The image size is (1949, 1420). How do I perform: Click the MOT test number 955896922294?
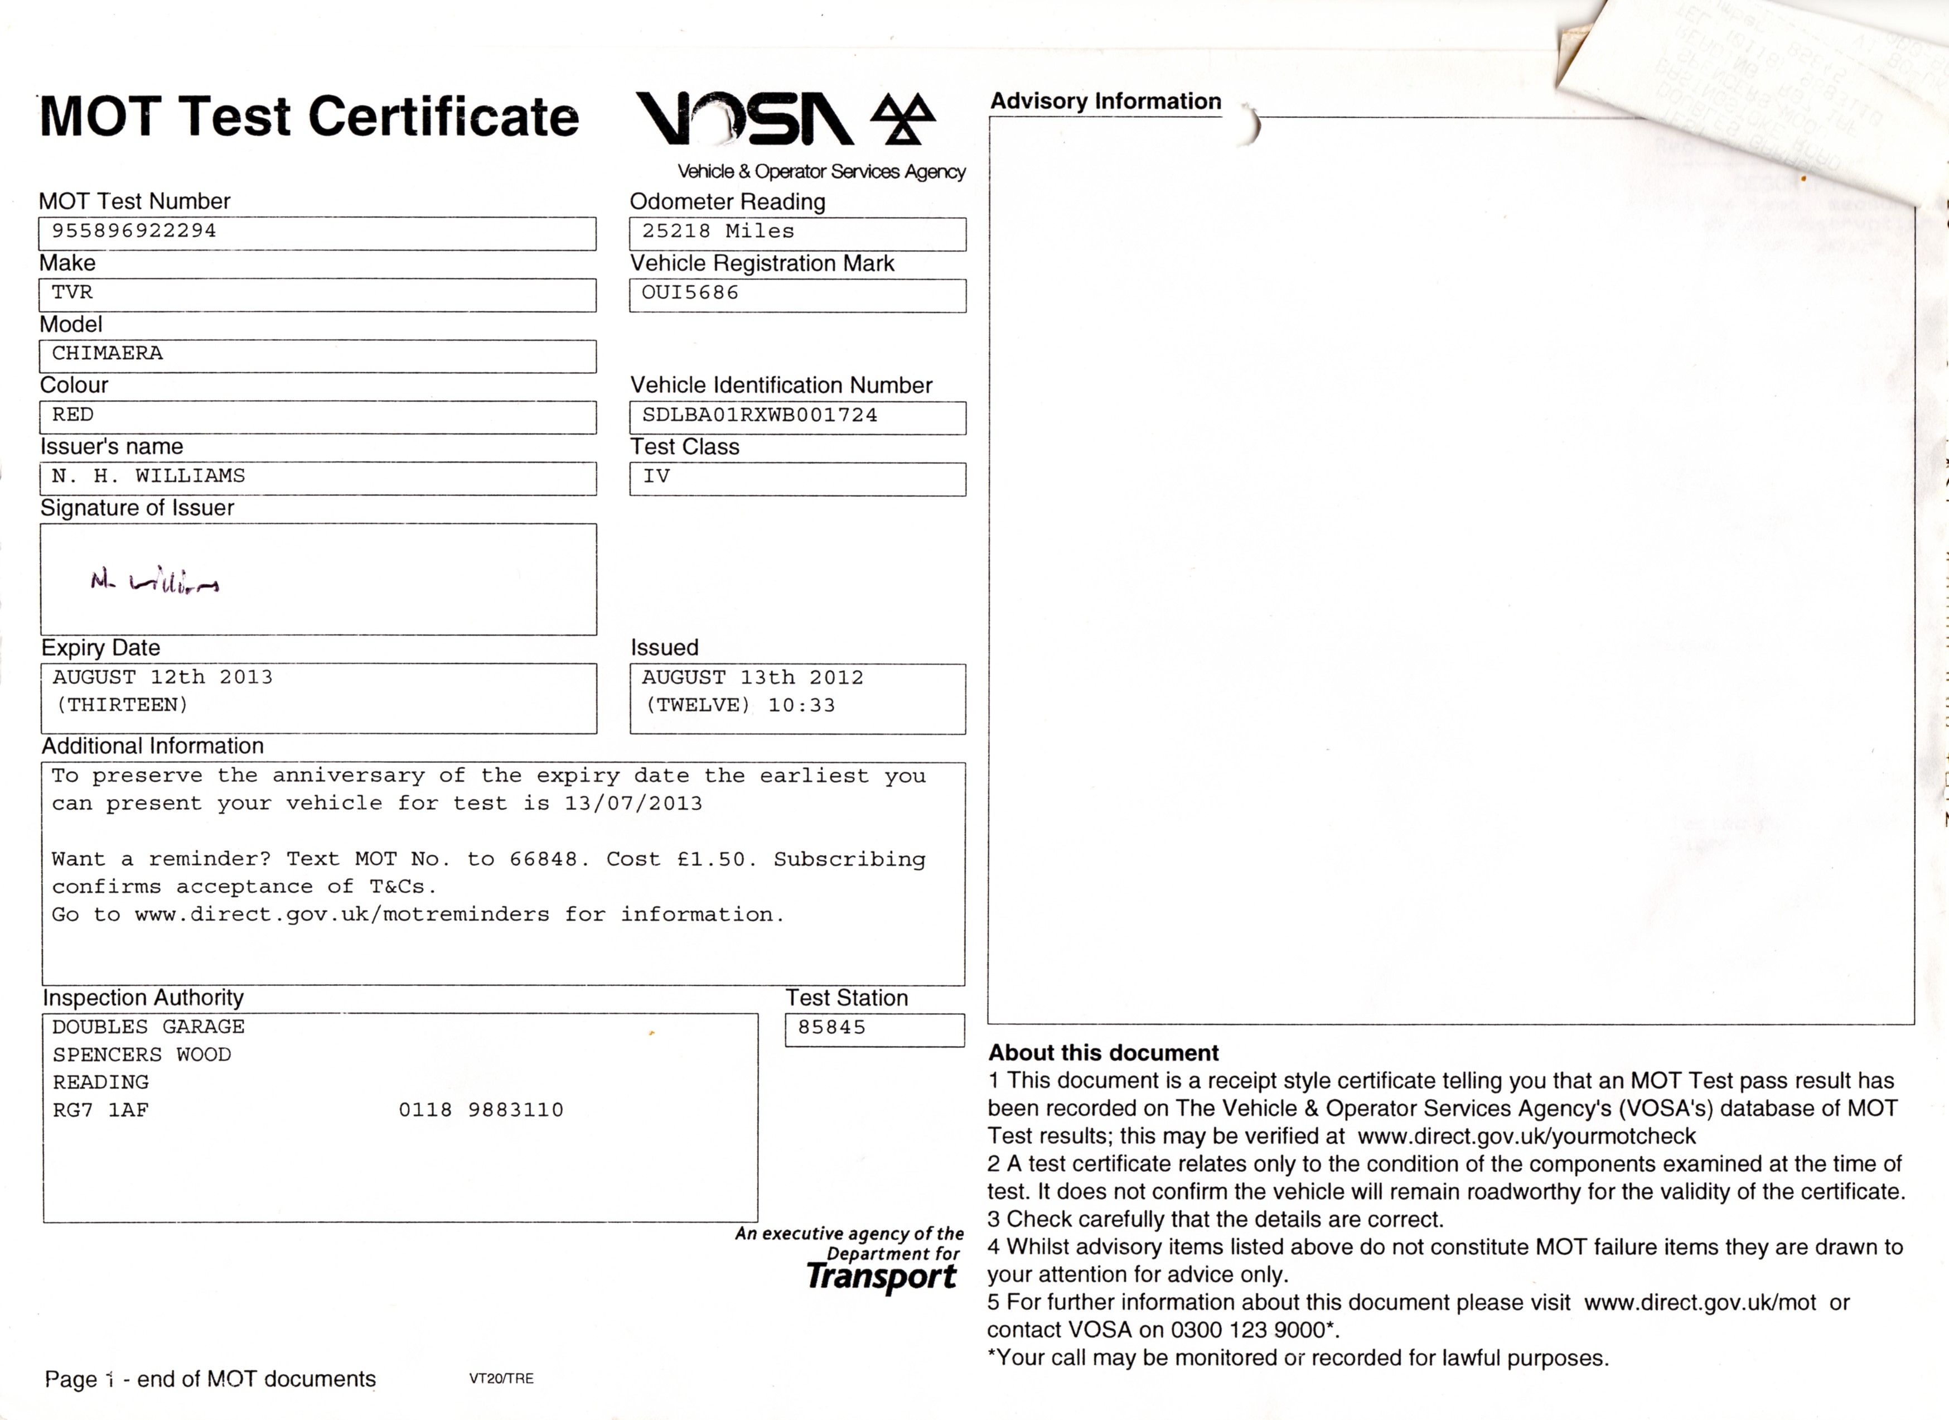tap(134, 231)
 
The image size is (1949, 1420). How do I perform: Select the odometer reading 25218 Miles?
tap(718, 231)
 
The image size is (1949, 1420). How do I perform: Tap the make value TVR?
tap(72, 292)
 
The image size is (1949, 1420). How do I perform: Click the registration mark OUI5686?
tap(690, 292)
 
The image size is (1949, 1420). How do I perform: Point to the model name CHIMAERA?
tap(108, 353)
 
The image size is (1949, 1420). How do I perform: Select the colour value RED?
tap(73, 415)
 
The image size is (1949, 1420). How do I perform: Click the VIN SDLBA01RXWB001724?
tap(760, 415)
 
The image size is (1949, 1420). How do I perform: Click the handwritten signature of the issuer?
tap(154, 583)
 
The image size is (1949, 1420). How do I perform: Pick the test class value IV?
tap(656, 476)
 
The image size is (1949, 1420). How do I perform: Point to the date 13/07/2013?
tap(633, 803)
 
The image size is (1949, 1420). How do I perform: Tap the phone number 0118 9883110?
tap(481, 1110)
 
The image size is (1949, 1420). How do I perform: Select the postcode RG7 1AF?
tap(100, 1110)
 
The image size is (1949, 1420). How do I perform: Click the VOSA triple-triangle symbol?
tap(902, 119)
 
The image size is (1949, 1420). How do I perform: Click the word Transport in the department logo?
tap(881, 1277)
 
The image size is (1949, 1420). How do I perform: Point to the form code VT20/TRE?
tap(501, 1379)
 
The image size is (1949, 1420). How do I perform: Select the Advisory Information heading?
tap(1105, 102)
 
